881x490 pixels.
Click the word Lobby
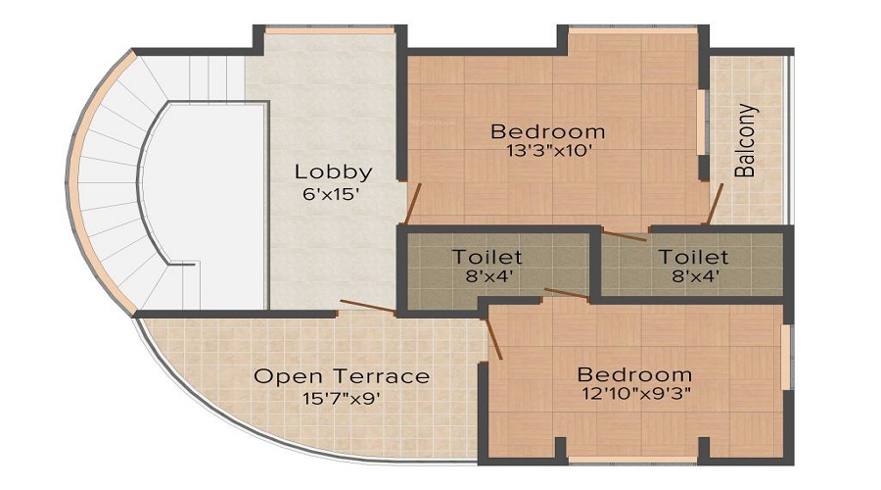[333, 171]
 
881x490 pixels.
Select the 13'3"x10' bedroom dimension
[547, 152]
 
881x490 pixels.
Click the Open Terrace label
[342, 376]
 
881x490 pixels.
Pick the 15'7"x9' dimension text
[342, 398]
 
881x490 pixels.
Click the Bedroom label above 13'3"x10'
[547, 131]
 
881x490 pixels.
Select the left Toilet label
[487, 257]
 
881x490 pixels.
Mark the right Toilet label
[693, 257]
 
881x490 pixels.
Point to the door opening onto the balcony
[717, 202]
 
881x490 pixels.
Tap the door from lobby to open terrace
[366, 308]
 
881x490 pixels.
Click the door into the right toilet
[624, 234]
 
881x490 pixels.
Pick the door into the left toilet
[566, 292]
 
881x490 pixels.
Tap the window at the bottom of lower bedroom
[632, 459]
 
